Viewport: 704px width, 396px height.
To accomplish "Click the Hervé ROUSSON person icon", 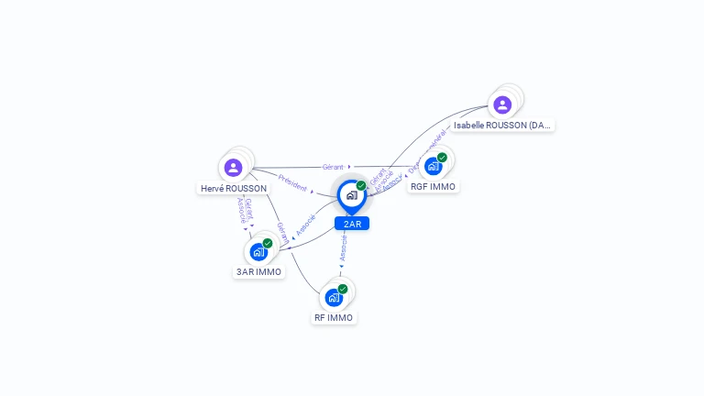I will (233, 168).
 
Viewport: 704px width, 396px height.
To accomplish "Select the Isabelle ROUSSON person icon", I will (502, 104).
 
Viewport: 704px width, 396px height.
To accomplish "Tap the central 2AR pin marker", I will (351, 195).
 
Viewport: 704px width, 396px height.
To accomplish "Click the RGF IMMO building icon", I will (434, 166).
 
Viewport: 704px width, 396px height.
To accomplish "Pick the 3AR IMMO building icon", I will (258, 251).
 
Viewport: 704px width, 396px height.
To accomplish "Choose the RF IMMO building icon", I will (334, 297).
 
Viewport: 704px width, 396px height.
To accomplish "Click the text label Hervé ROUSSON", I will (234, 189).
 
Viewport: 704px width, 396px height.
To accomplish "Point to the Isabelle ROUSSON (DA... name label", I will (503, 125).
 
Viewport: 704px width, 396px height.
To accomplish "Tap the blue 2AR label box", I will (352, 224).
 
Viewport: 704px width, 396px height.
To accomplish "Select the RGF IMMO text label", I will (433, 186).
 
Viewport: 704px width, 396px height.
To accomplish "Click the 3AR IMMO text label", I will (258, 271).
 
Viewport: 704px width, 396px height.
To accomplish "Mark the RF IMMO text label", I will (334, 317).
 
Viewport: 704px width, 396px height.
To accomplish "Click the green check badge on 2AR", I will (361, 185).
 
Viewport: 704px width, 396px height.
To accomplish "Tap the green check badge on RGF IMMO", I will (442, 158).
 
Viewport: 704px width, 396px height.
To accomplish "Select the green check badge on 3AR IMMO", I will (268, 243).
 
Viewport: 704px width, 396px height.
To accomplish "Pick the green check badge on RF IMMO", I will (343, 289).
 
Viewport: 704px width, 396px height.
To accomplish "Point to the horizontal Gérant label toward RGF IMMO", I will (333, 167).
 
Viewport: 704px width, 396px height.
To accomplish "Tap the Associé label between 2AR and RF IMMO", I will (344, 248).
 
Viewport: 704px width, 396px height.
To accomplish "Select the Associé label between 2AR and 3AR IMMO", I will (306, 224).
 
